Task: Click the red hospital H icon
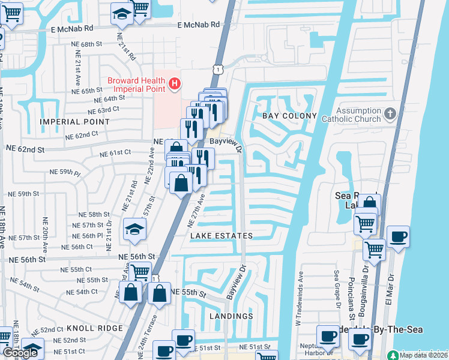pos(174,82)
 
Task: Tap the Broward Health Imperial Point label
pos(136,86)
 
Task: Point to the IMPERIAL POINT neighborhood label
pos(75,121)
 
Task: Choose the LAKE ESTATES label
pos(221,236)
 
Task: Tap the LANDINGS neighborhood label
pos(232,316)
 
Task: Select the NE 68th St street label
pos(82,45)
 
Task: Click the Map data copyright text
pos(423,355)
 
